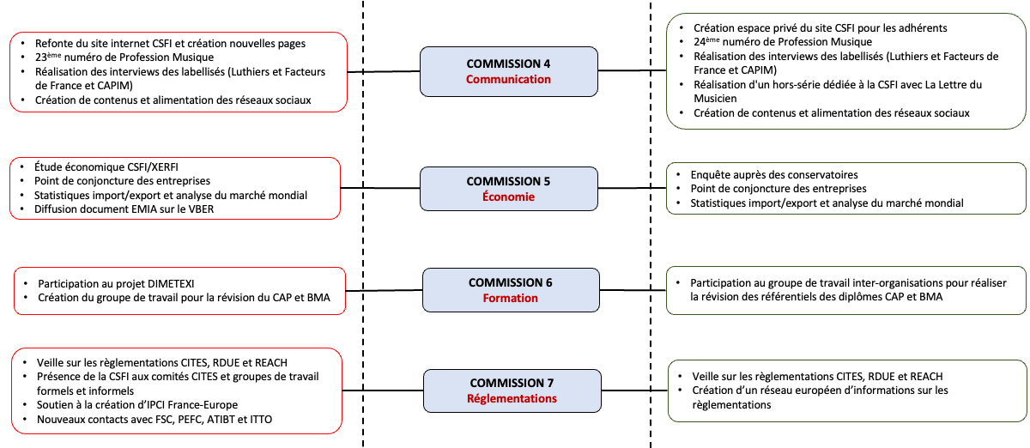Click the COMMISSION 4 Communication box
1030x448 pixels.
508,71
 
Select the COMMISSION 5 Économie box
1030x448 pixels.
508,189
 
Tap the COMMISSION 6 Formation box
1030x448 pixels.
510,290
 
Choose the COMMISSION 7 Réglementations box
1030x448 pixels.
512,390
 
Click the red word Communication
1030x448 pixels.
508,79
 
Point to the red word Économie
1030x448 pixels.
508,197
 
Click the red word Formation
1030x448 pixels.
510,298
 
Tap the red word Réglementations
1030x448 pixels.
512,398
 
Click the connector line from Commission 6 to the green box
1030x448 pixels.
632,290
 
